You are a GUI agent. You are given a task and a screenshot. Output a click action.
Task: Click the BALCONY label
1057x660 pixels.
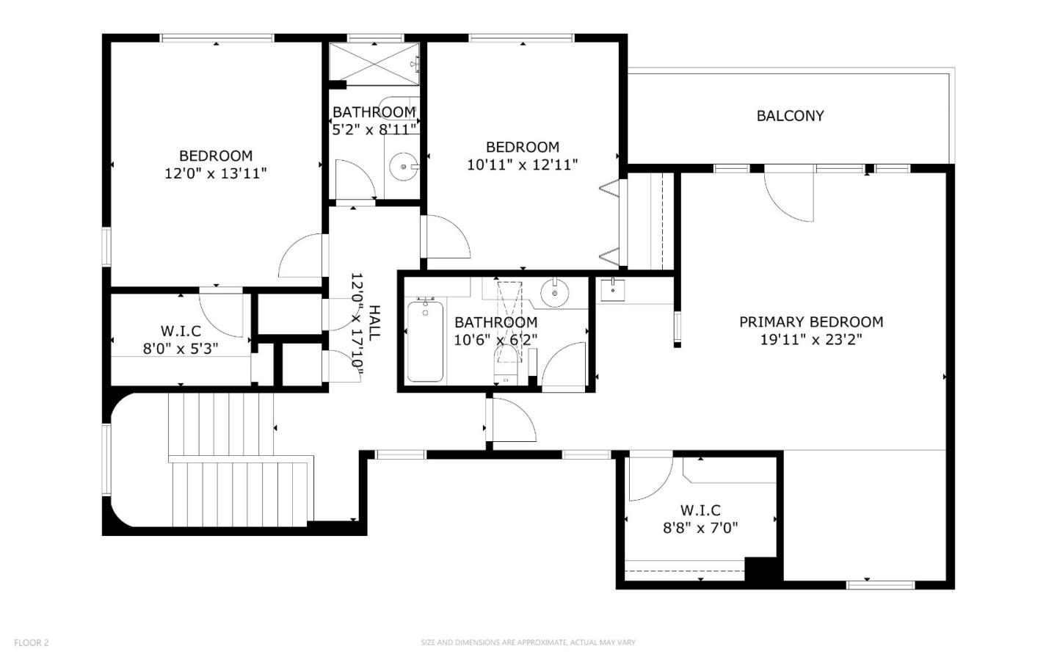point(790,116)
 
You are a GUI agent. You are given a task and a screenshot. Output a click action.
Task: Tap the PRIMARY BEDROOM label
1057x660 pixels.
point(810,322)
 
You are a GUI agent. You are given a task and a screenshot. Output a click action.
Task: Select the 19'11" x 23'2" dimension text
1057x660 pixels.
point(810,340)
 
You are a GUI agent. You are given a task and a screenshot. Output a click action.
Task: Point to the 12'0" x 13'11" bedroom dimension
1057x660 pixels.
point(216,174)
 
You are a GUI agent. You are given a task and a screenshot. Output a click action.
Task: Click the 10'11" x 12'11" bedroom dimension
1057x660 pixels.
point(523,164)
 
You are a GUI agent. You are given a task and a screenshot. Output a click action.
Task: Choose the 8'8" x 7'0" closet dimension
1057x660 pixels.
point(700,528)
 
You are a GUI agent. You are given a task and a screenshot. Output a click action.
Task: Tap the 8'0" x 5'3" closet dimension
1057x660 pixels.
point(181,349)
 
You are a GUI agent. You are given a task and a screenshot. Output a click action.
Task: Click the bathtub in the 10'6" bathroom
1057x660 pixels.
point(425,340)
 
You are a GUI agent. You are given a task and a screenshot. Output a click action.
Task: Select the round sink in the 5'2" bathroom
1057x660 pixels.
point(404,166)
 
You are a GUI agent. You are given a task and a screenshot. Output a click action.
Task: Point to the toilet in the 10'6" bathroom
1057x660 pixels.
point(505,363)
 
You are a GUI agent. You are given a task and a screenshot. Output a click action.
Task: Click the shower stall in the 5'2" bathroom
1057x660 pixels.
point(374,64)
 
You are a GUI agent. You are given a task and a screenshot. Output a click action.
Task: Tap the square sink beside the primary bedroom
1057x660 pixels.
point(612,290)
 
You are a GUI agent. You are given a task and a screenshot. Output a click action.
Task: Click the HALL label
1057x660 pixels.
point(374,323)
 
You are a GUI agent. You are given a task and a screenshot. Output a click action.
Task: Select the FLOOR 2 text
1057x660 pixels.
point(31,642)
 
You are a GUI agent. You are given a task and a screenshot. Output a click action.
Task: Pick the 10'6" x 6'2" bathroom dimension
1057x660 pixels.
point(495,340)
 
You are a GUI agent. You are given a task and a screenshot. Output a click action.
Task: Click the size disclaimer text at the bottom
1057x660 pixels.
point(528,642)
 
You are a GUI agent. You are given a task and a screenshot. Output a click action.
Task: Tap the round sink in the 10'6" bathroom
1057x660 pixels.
point(554,293)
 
